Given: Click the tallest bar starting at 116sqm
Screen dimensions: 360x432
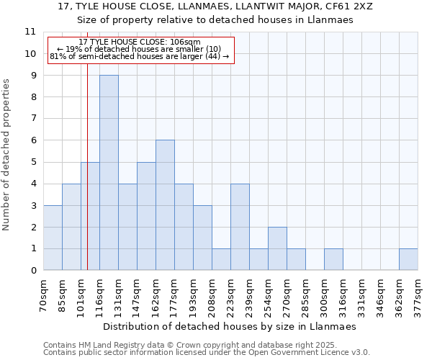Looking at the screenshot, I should point(109,173).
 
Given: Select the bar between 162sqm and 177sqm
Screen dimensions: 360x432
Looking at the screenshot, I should point(165,205).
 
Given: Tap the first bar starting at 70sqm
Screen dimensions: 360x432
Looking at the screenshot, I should point(53,238).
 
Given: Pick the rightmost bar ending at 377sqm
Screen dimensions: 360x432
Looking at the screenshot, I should point(408,259).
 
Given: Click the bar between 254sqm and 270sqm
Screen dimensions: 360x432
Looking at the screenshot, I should point(277,248).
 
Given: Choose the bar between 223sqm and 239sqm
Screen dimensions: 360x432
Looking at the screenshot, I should point(240,227).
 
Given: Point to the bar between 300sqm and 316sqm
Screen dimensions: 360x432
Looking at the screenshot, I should point(333,259).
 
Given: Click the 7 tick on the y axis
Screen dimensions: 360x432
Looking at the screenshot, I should point(32,119).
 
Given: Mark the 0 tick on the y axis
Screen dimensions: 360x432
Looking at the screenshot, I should point(32,271).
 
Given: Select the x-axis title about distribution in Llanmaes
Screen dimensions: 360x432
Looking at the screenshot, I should point(230,326).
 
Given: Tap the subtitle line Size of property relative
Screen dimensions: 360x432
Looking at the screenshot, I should point(215,20).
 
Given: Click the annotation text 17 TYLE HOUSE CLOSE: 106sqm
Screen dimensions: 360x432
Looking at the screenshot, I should point(140,42).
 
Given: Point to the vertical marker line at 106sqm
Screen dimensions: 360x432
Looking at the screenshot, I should point(87,180).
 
